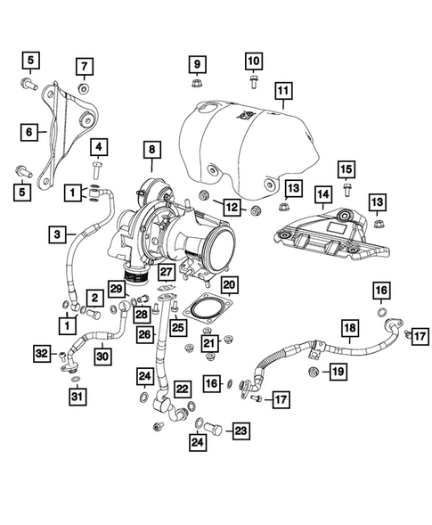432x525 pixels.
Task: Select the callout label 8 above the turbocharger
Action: [x=151, y=151]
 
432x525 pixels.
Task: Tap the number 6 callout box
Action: [x=30, y=132]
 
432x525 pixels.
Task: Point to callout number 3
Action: [x=58, y=234]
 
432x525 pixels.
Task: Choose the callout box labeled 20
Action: [x=229, y=286]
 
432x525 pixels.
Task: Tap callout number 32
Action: [x=40, y=355]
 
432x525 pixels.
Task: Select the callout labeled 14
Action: [x=322, y=194]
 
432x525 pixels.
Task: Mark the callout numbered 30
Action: [x=103, y=356]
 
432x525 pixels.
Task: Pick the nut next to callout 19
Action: [x=314, y=370]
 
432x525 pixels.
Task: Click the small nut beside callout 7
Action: [x=83, y=89]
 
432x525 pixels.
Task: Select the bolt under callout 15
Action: [x=346, y=190]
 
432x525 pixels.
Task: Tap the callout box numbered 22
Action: [x=182, y=389]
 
